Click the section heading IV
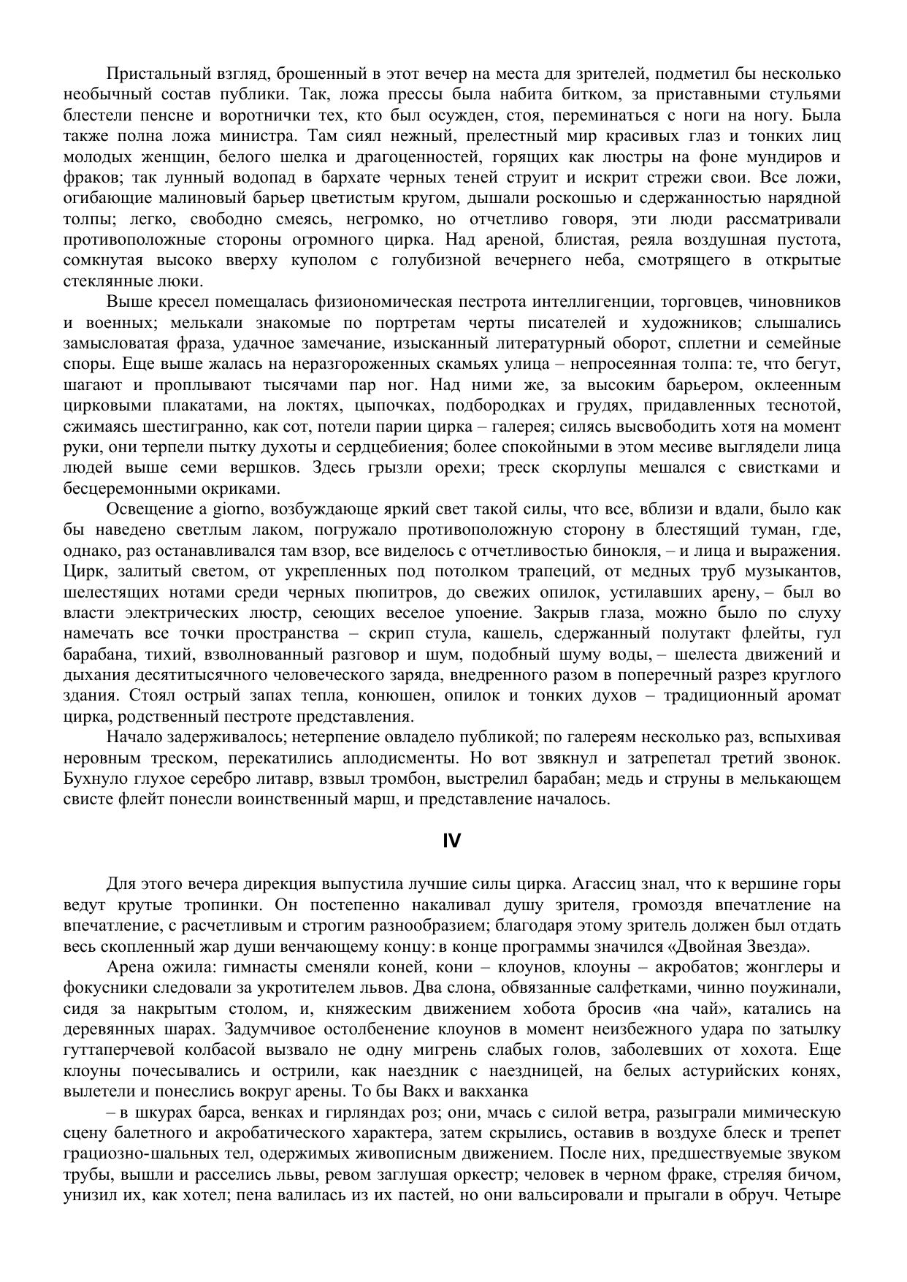click(x=452, y=842)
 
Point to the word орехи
click(x=458, y=468)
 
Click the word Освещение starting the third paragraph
click(x=148, y=508)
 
